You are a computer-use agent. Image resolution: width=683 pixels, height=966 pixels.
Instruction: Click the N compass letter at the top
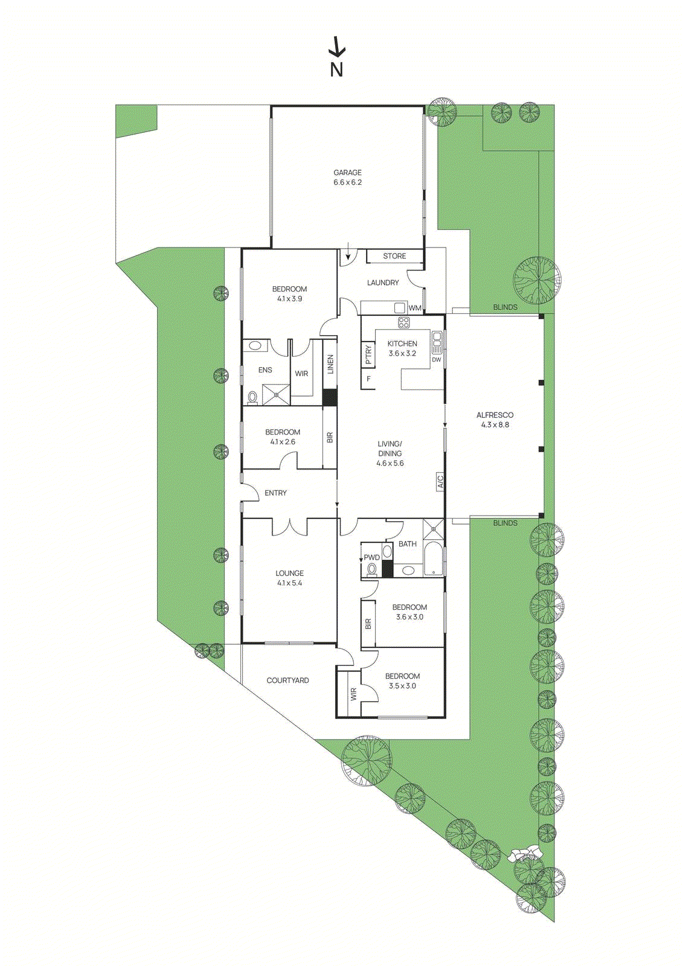pyautogui.click(x=336, y=70)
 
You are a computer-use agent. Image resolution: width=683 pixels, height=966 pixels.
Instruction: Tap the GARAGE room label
pyautogui.click(x=347, y=173)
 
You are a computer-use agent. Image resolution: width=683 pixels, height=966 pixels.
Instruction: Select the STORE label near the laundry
pyautogui.click(x=394, y=257)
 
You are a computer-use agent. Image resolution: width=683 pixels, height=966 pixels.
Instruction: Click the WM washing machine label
pyautogui.click(x=415, y=308)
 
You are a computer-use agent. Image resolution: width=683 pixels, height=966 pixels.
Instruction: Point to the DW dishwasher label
pyautogui.click(x=436, y=360)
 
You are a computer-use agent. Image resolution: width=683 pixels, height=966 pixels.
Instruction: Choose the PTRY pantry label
pyautogui.click(x=368, y=355)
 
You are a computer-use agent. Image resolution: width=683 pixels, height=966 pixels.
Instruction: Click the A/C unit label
pyautogui.click(x=440, y=482)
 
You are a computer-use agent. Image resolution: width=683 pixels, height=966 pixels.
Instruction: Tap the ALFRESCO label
pyautogui.click(x=495, y=415)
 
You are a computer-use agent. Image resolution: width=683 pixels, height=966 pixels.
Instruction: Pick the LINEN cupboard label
pyautogui.click(x=330, y=364)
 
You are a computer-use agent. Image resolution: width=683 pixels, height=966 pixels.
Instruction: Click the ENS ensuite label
pyautogui.click(x=265, y=370)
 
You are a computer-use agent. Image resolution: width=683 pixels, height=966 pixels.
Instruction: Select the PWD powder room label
pyautogui.click(x=371, y=558)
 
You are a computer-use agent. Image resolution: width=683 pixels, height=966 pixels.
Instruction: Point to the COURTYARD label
pyautogui.click(x=287, y=680)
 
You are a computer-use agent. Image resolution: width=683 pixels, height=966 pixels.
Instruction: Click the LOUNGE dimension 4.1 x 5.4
pyautogui.click(x=289, y=583)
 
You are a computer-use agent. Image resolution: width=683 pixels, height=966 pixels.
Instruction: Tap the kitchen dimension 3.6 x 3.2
pyautogui.click(x=402, y=354)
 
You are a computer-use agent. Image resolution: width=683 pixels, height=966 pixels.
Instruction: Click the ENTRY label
pyautogui.click(x=275, y=493)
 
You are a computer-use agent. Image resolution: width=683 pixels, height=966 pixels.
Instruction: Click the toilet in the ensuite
pyautogui.click(x=252, y=397)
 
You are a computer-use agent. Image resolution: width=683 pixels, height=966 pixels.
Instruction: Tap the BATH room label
pyautogui.click(x=408, y=544)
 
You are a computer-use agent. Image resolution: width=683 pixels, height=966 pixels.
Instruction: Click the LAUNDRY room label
pyautogui.click(x=383, y=283)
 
